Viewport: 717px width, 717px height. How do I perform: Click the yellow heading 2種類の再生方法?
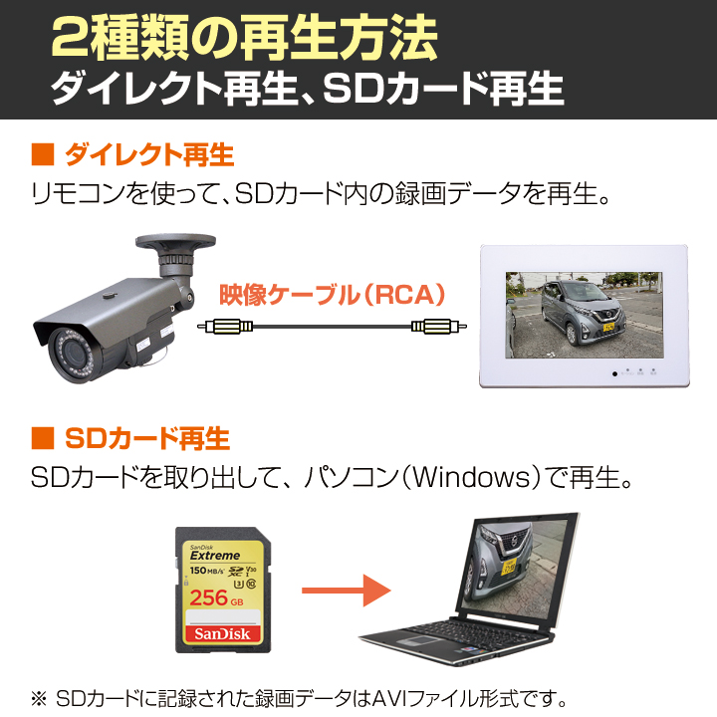point(245,38)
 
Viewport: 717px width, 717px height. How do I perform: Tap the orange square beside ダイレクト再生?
point(43,154)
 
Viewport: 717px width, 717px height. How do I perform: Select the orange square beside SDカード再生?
point(43,438)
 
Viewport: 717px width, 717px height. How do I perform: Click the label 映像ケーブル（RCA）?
point(333,295)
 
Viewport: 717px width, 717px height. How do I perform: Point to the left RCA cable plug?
point(225,327)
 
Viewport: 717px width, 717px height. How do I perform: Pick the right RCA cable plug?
point(439,327)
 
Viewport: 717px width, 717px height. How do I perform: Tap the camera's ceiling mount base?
point(175,241)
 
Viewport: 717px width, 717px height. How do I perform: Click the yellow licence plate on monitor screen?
point(608,327)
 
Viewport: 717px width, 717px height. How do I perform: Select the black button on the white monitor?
point(615,373)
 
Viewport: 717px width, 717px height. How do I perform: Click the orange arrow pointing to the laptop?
point(347,591)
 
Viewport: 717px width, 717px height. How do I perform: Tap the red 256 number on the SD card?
point(208,597)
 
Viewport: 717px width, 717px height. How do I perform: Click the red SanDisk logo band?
point(223,633)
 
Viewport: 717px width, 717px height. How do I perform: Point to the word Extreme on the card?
point(215,556)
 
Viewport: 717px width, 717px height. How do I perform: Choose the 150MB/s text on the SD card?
point(207,571)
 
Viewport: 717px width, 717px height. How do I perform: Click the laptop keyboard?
point(450,634)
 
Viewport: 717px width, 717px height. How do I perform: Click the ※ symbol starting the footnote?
point(39,698)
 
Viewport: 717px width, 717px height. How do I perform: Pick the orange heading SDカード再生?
point(147,438)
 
